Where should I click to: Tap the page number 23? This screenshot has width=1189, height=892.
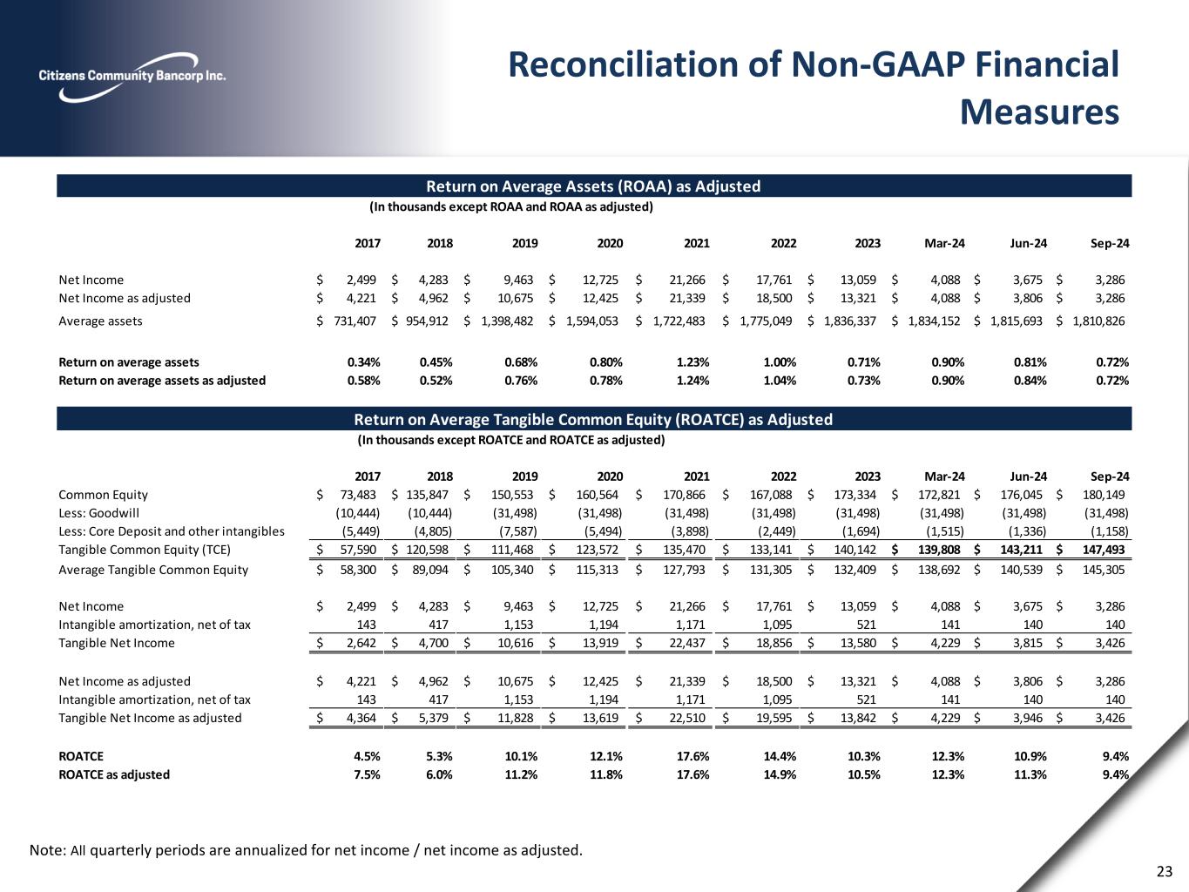[1165, 872]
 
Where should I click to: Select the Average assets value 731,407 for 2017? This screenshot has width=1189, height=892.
[355, 321]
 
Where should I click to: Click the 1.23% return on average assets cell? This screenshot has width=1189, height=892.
[692, 362]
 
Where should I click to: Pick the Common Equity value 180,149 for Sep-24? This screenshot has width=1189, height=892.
[1105, 495]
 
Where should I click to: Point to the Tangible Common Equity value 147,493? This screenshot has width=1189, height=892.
[1105, 550]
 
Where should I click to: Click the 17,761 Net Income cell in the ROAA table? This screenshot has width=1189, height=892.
[774, 280]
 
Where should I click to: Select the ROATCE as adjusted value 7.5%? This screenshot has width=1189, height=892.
[366, 774]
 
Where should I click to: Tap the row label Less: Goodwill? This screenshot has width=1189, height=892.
[98, 513]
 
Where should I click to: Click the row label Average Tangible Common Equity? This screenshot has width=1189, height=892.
[153, 570]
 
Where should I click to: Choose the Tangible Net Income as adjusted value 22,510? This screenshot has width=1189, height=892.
[686, 718]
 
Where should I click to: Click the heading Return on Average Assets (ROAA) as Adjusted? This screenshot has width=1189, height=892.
[593, 186]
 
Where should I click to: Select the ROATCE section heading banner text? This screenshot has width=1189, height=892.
[593, 420]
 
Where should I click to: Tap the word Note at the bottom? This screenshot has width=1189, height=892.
[46, 850]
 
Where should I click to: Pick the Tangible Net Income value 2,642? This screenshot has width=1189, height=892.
[360, 643]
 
